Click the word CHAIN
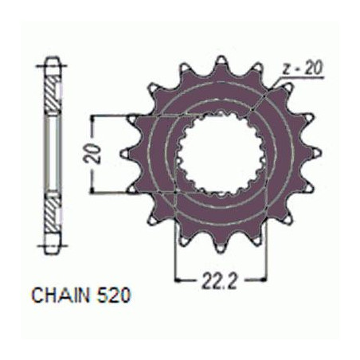point(60,295)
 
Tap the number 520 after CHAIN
point(114,295)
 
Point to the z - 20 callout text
point(302,68)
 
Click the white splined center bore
point(221,154)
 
